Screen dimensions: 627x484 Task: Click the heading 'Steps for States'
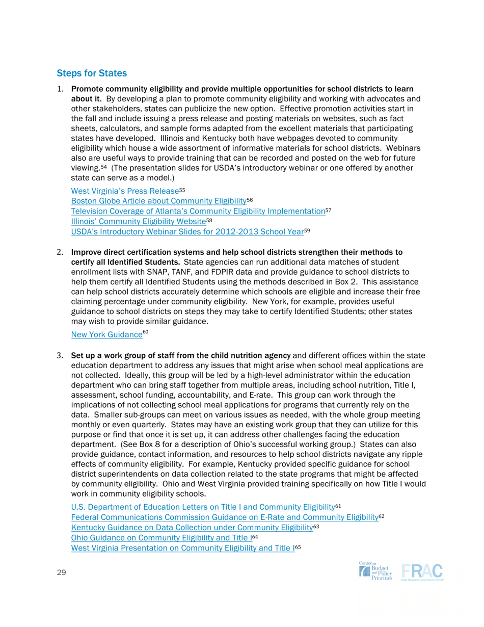(92, 73)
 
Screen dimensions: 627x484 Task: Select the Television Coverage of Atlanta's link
(198, 211)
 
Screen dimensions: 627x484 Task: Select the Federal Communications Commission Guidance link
(224, 517)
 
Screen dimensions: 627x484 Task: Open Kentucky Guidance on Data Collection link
(192, 527)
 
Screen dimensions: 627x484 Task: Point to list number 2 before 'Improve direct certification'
(59, 252)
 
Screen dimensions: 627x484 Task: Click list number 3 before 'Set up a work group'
(59, 355)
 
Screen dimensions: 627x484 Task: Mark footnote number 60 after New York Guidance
(145, 333)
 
